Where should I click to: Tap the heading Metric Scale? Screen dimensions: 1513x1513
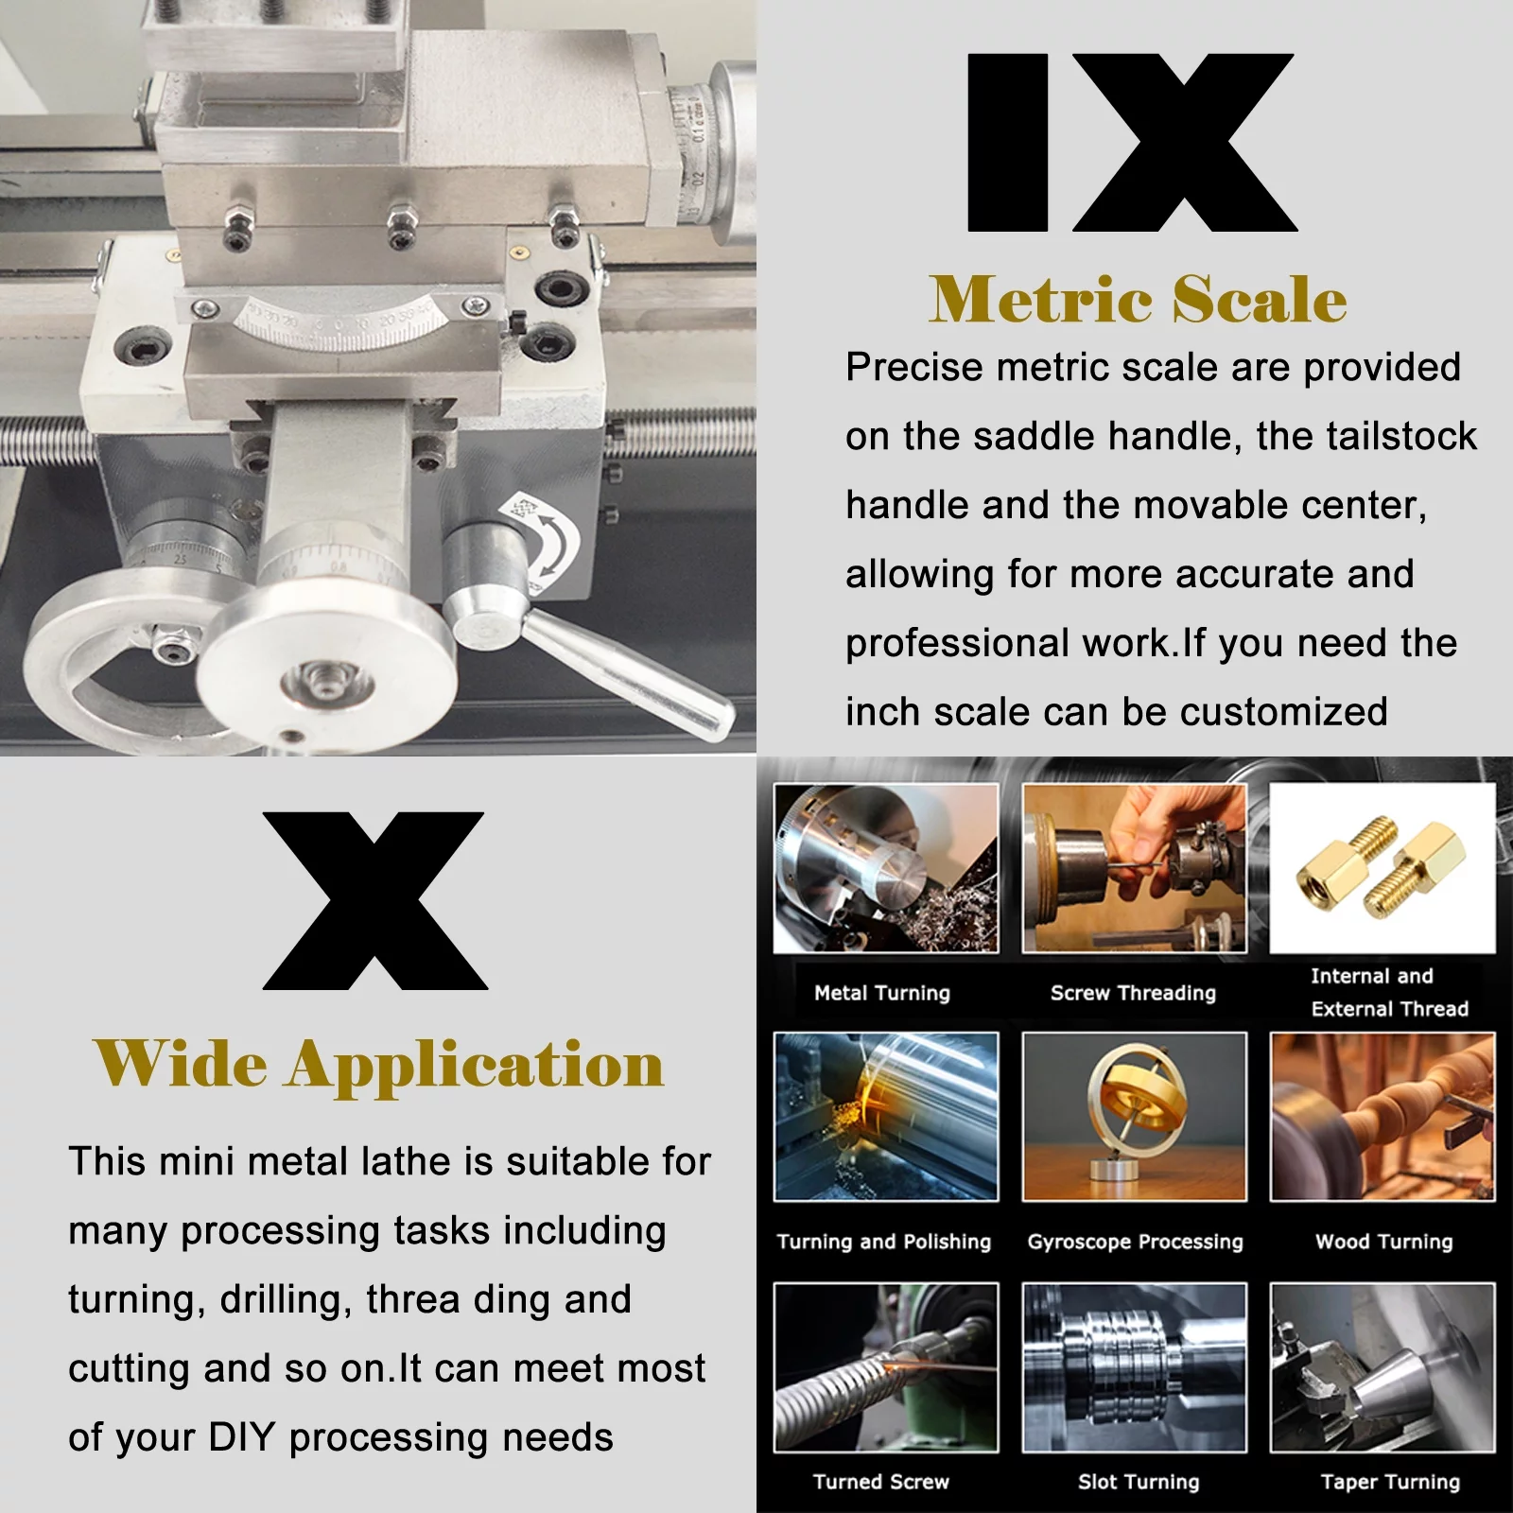(x=1138, y=300)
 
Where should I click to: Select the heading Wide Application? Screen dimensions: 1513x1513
(x=378, y=1065)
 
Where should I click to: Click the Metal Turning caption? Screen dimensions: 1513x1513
(x=882, y=993)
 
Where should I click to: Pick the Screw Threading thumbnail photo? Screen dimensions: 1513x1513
(x=1134, y=868)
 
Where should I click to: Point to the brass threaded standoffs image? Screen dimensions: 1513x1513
(x=1382, y=868)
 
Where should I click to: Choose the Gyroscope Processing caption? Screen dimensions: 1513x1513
(x=1135, y=1242)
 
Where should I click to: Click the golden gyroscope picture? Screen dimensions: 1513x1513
(x=1134, y=1116)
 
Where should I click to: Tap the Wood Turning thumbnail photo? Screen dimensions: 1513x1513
(x=1382, y=1116)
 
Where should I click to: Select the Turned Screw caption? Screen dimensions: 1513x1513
(x=880, y=1482)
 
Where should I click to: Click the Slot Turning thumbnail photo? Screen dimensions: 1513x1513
(x=1134, y=1366)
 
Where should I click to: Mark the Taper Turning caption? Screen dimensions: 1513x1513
(x=1390, y=1482)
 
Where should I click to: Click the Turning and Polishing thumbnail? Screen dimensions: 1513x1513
(x=886, y=1116)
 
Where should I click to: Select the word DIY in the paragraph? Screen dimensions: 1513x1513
(x=242, y=1437)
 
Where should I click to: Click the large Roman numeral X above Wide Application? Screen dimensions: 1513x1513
(x=374, y=900)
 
